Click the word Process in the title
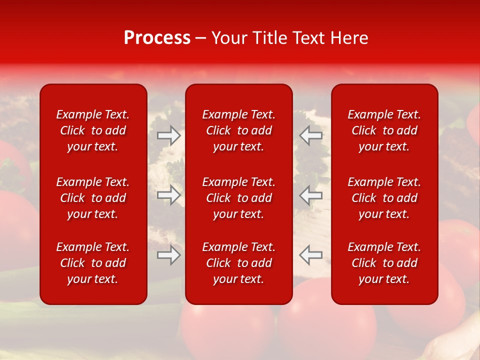[x=157, y=38]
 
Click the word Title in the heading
[x=269, y=38]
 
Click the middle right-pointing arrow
[x=168, y=195]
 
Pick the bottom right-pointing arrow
[x=168, y=255]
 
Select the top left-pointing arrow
[x=310, y=135]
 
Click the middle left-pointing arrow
[x=310, y=195]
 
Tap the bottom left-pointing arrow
[x=310, y=255]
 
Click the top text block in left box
[x=93, y=130]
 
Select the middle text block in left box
[x=93, y=198]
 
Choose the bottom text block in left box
[x=93, y=263]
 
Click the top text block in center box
[x=239, y=130]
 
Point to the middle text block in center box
[x=239, y=198]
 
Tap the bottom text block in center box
[x=239, y=263]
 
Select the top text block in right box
[x=384, y=130]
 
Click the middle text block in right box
[x=384, y=198]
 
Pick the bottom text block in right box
[x=384, y=263]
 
